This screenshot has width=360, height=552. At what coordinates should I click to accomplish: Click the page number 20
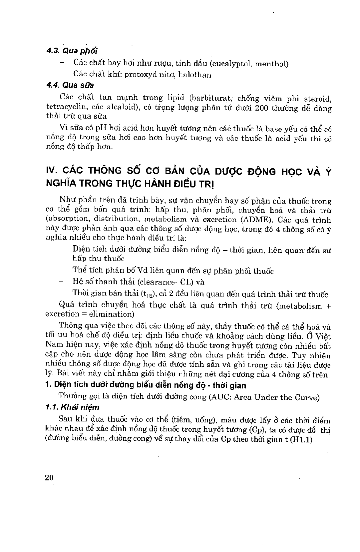point(49,478)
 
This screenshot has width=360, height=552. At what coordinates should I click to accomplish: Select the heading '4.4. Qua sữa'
point(70,85)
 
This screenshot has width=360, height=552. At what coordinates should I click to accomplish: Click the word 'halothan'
point(195,75)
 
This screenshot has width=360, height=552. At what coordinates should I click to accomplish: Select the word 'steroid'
point(317,99)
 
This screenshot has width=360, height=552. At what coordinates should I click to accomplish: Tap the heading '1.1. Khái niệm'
point(72,407)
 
